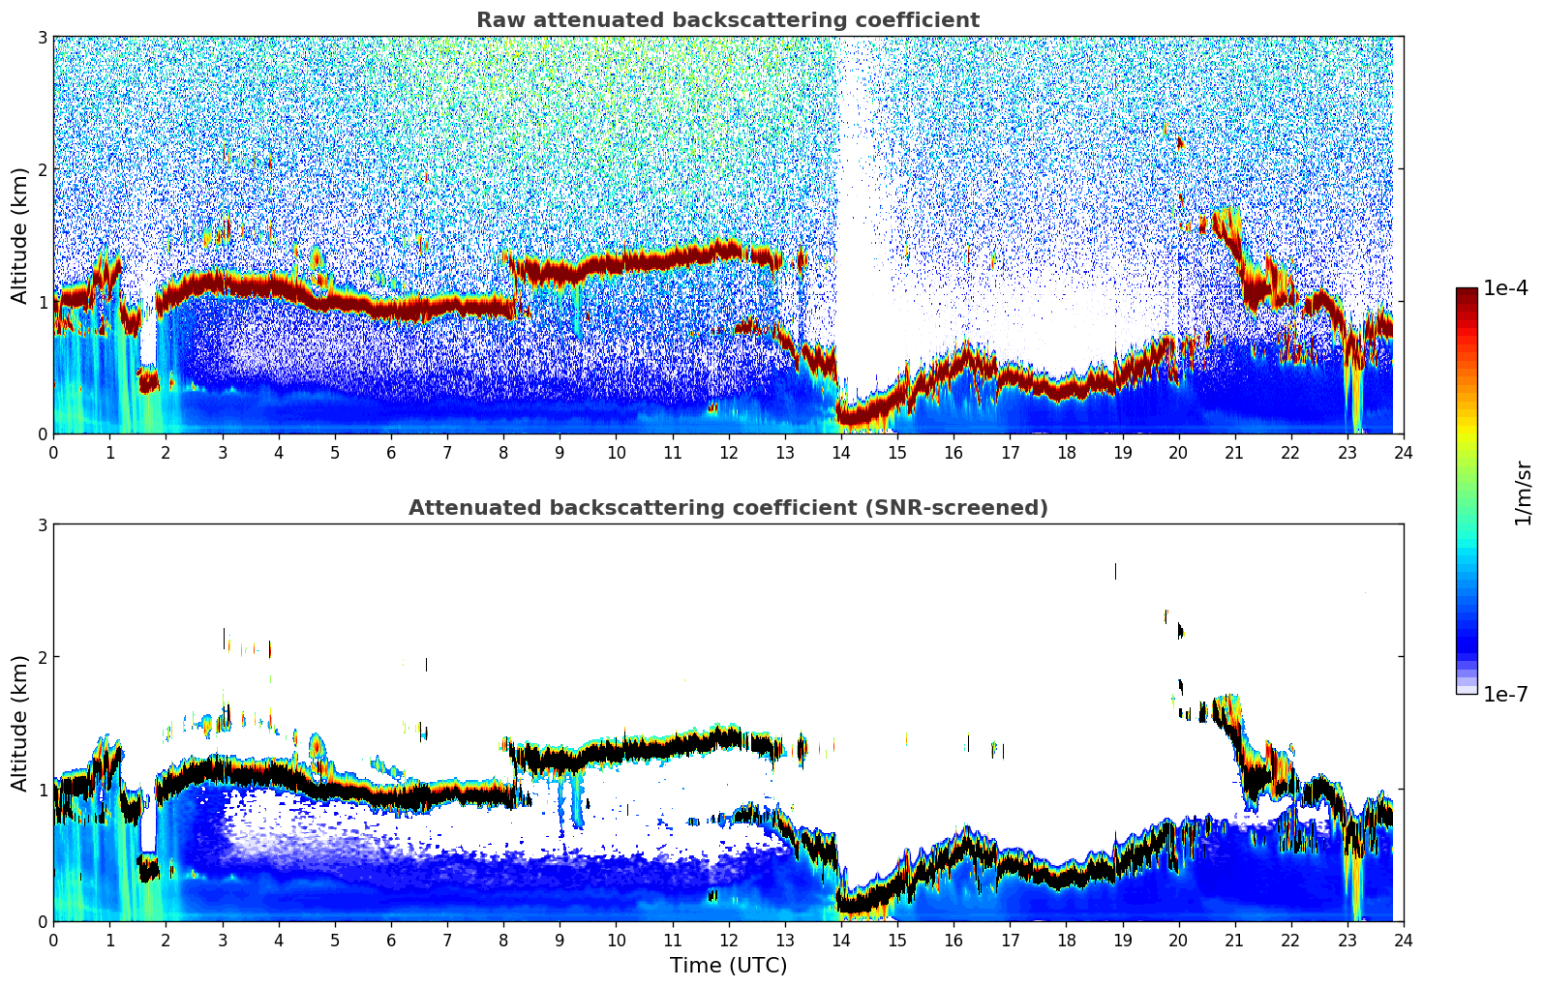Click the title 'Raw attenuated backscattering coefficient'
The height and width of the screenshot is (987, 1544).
click(727, 20)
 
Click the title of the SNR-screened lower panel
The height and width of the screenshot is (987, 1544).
click(727, 508)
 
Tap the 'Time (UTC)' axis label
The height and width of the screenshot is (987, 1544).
click(728, 966)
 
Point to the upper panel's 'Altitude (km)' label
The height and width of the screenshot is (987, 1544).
click(19, 235)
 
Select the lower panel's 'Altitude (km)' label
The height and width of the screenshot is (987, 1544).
click(19, 723)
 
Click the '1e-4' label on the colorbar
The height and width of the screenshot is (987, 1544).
click(1505, 288)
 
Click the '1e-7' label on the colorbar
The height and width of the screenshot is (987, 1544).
click(1505, 694)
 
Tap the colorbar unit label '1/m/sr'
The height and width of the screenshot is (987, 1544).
click(1523, 493)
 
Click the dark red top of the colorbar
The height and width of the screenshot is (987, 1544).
click(1467, 292)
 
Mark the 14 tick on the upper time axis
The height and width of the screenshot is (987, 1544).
click(841, 452)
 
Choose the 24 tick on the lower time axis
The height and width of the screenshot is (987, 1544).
click(1404, 940)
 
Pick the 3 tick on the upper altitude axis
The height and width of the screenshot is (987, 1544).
click(42, 37)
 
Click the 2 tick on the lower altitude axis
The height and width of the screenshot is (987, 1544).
click(42, 657)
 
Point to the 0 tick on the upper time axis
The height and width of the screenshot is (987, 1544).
click(53, 452)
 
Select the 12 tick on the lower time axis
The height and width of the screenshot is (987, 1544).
click(728, 940)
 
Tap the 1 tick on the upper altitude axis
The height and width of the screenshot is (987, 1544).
click(42, 302)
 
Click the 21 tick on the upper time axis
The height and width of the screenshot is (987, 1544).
click(1234, 452)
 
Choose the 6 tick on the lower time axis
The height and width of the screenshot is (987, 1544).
click(391, 940)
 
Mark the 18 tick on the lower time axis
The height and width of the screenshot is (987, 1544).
click(1066, 940)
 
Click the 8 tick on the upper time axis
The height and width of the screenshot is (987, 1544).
click(503, 452)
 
